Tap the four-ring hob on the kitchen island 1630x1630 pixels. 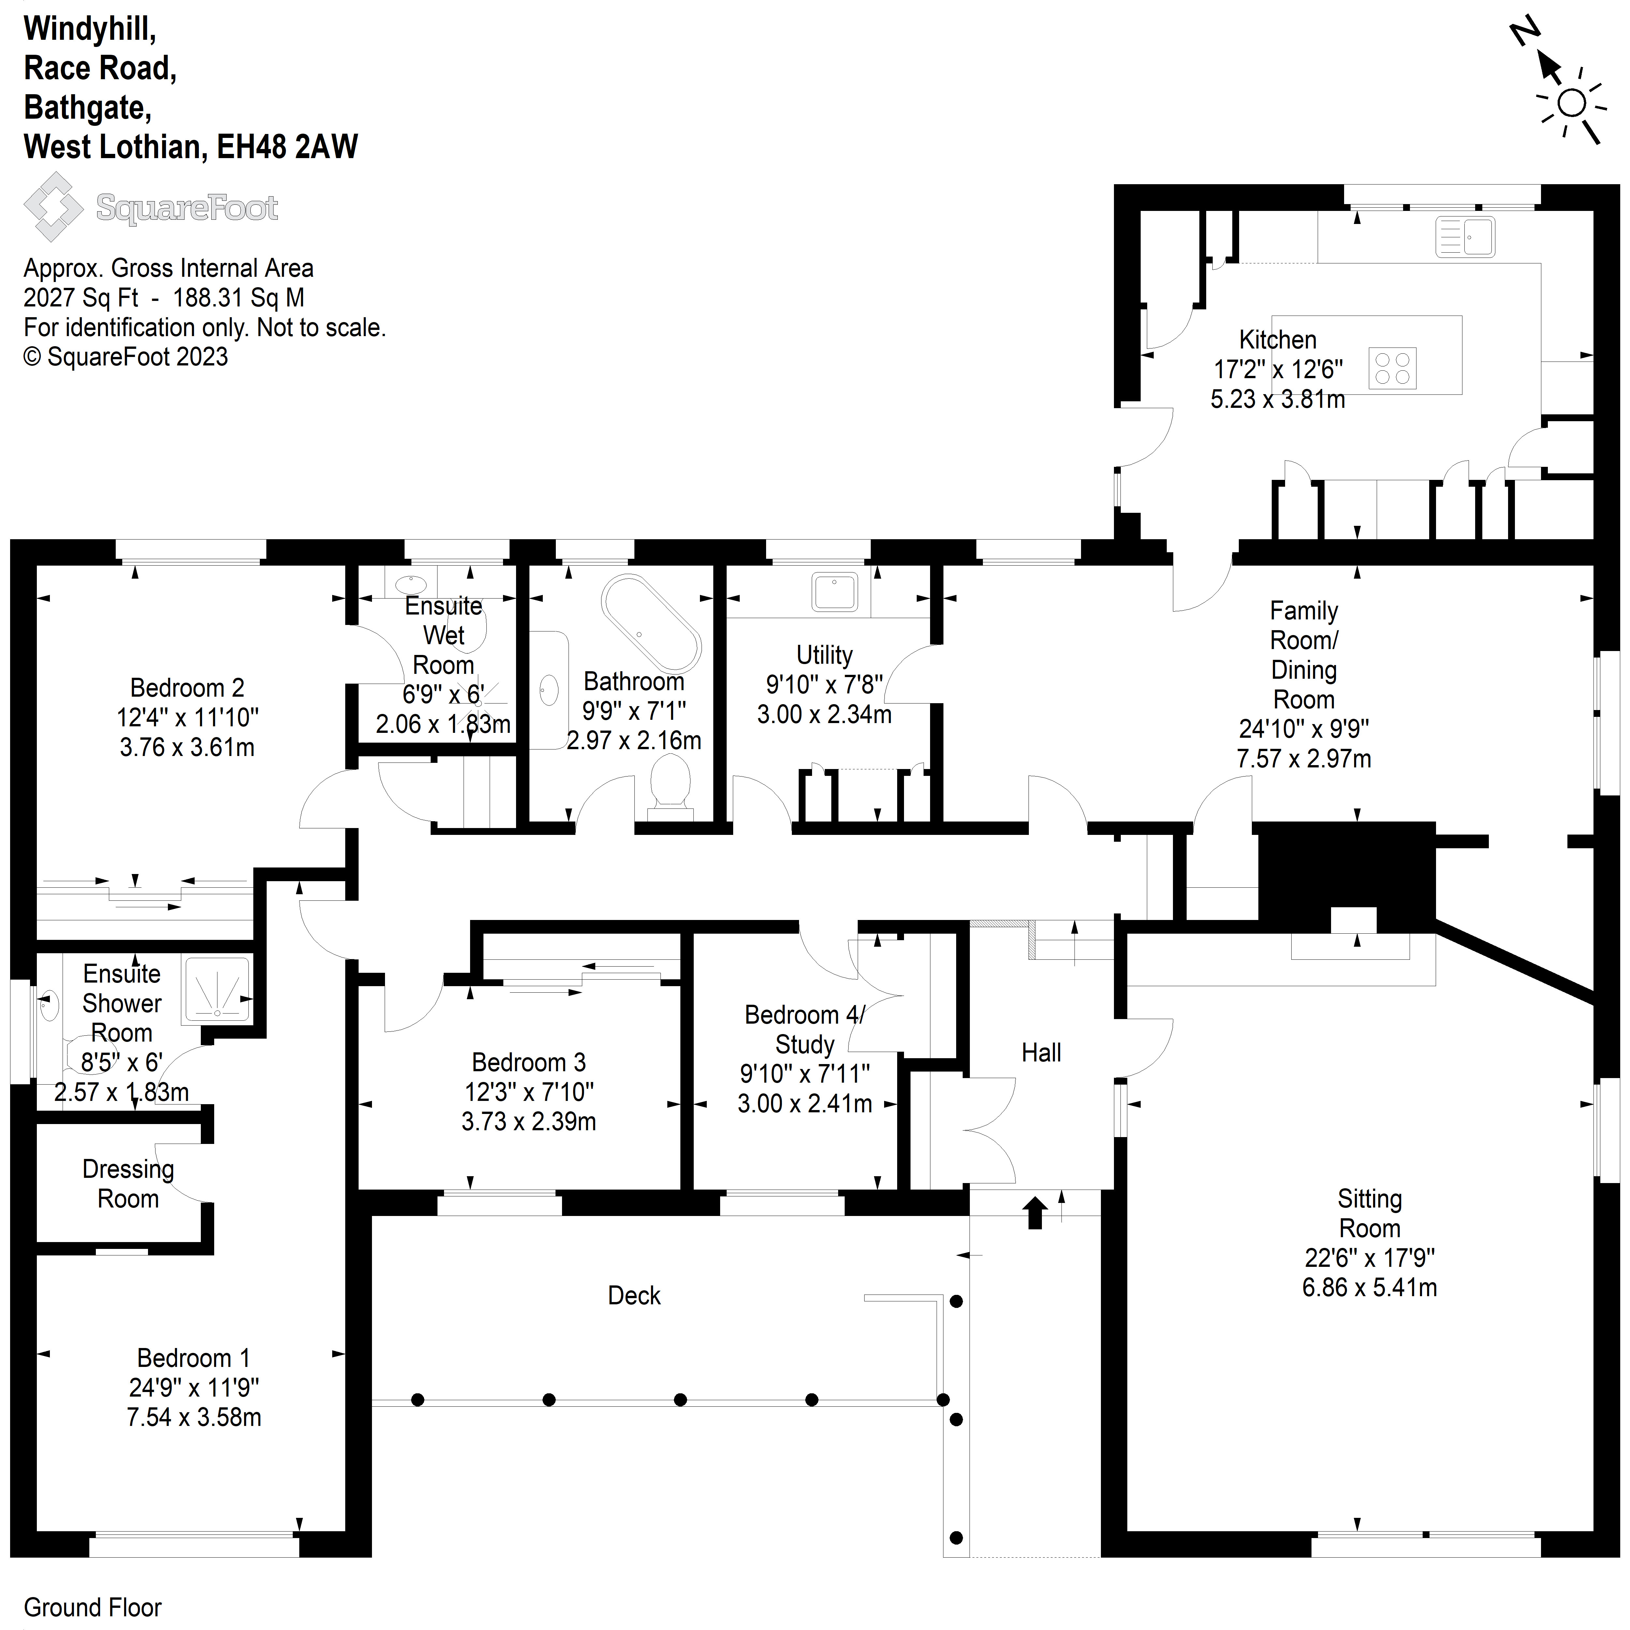(x=1392, y=369)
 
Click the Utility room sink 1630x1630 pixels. (x=834, y=591)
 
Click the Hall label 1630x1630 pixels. (x=1041, y=1053)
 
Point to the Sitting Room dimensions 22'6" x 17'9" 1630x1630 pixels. (x=1369, y=1258)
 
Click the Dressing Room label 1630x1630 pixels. (x=128, y=1184)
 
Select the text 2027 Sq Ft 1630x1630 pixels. (x=81, y=298)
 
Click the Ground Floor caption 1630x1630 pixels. (x=93, y=1607)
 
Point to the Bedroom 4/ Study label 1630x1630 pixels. (x=804, y=1029)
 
